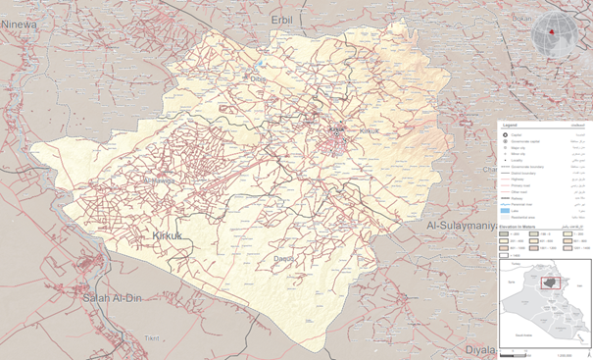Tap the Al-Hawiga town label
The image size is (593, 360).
click(x=157, y=181)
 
